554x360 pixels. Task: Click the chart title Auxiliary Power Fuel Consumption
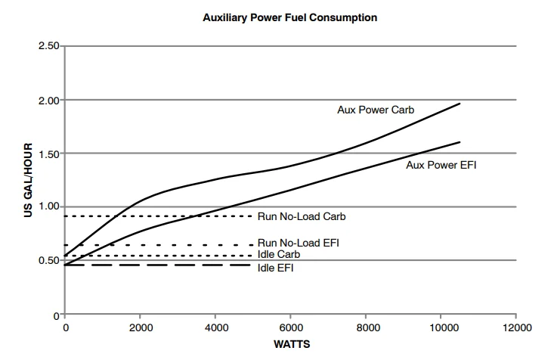point(289,17)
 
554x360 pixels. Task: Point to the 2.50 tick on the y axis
point(49,47)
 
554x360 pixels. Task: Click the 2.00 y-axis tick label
point(49,101)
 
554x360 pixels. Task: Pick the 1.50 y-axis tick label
point(49,154)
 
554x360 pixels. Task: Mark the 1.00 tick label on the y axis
point(49,207)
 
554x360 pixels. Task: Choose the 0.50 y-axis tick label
point(49,261)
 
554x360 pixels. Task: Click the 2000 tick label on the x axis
point(140,327)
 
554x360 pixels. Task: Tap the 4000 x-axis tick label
point(215,327)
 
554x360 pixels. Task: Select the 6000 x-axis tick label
point(290,327)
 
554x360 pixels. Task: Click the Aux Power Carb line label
point(376,109)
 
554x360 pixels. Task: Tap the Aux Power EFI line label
point(441,163)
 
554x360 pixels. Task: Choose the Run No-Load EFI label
point(299,243)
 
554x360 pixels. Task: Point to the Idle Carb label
point(279,254)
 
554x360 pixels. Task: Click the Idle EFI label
point(276,267)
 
